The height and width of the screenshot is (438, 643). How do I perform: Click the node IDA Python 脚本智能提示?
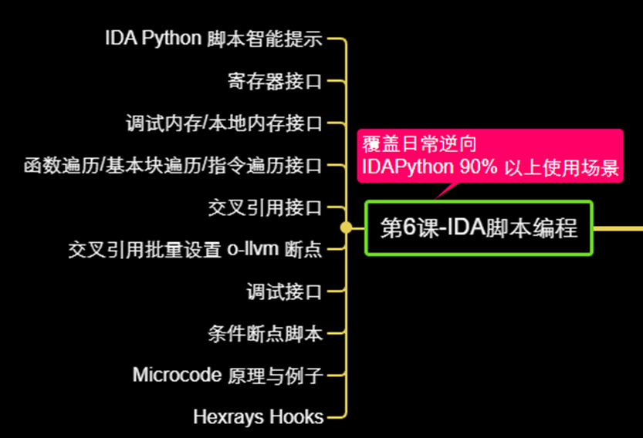point(213,39)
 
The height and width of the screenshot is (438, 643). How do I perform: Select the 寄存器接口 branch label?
point(275,81)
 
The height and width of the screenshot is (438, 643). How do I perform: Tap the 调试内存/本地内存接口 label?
point(223,123)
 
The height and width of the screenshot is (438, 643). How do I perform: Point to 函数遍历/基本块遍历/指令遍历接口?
point(172,165)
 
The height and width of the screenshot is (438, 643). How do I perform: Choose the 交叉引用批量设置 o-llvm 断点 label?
point(195,249)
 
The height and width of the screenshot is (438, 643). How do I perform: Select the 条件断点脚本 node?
point(265,333)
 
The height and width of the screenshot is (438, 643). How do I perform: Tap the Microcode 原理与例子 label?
point(227,376)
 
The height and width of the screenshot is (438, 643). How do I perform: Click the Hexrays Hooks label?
point(258,417)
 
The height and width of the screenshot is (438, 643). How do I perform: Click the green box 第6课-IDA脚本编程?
point(479,227)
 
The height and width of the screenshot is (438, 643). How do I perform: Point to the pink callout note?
point(489,155)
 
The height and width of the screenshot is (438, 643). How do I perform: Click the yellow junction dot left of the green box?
point(347,227)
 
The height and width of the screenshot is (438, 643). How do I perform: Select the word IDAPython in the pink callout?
point(407,168)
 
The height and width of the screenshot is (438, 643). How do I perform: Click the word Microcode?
point(175,376)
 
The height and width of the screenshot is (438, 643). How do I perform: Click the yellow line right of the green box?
point(618,228)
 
